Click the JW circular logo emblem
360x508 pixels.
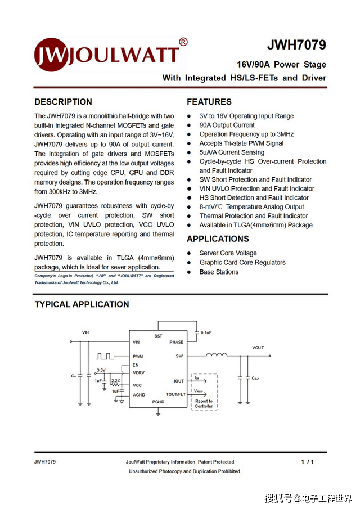51,53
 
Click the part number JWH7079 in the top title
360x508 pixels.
296,45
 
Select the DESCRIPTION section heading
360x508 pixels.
63,102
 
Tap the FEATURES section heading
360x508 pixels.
209,102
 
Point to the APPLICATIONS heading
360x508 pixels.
218,239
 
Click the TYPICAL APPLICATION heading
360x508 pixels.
82,304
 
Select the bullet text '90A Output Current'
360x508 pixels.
227,125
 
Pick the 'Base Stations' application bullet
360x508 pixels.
219,272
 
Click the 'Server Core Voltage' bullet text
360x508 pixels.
228,253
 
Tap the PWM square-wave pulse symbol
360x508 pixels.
105,356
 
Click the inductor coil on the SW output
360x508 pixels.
217,355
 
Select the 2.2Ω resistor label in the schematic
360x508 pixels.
116,381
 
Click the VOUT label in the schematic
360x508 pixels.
258,348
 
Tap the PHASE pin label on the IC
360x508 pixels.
176,342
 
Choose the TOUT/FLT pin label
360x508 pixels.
175,394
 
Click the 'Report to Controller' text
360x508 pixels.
204,403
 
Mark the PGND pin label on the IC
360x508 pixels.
158,402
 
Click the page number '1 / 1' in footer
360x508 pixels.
307,462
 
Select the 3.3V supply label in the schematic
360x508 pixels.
101,370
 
